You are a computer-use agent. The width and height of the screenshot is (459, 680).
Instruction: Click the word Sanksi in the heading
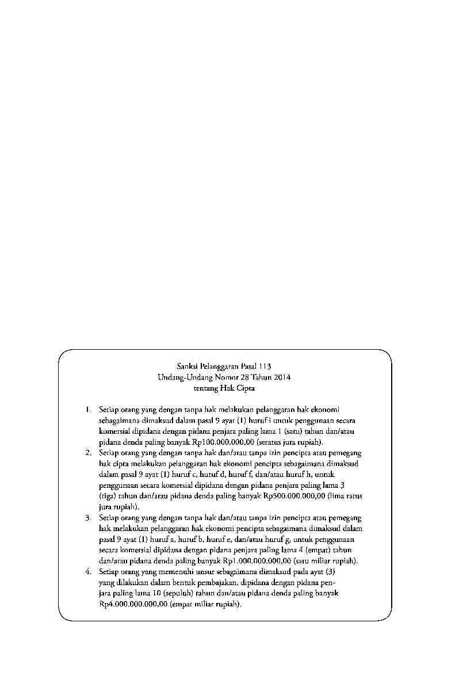point(187,366)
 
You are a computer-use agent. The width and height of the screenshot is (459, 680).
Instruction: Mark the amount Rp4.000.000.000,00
point(133,605)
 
